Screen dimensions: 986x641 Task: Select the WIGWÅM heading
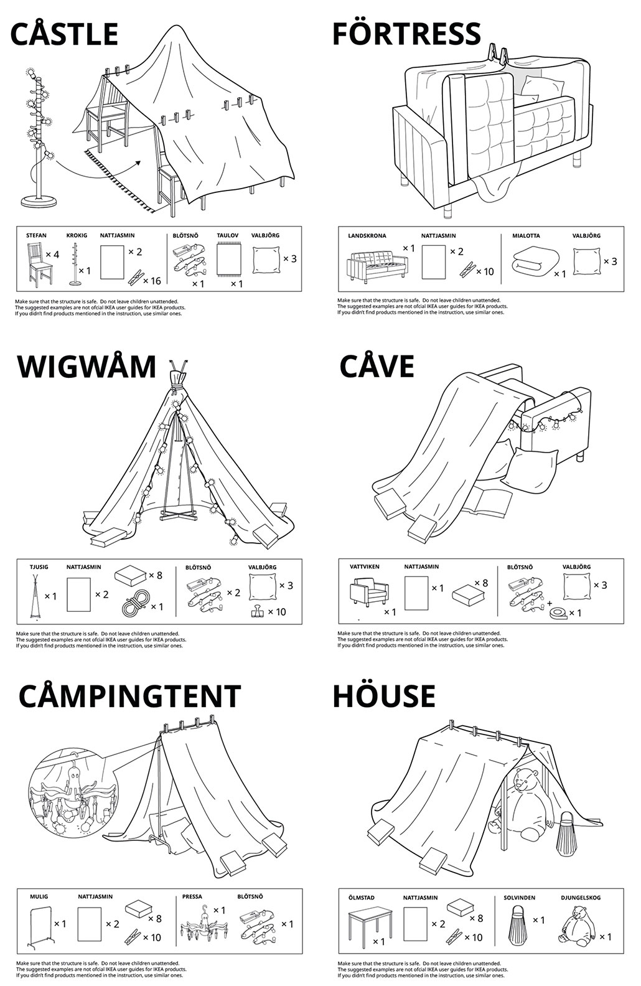point(87,366)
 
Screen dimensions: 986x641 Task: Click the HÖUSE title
point(383,695)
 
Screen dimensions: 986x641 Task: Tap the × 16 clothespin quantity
point(152,281)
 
